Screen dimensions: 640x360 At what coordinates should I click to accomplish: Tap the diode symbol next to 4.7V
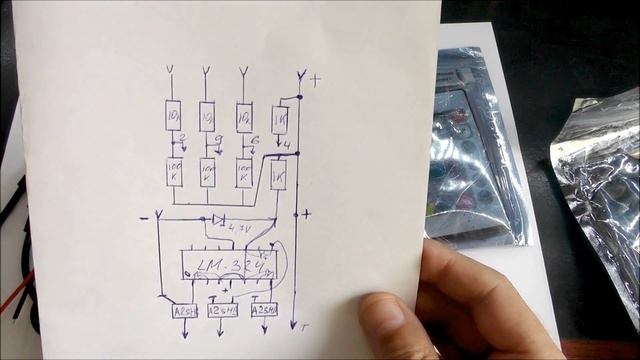coord(219,218)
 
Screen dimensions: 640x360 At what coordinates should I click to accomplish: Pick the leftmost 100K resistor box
coord(173,171)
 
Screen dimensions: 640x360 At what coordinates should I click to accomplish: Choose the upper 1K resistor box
coord(281,119)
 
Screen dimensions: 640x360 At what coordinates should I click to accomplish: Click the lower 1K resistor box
coord(278,176)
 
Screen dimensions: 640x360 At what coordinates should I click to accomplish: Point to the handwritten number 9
coord(217,140)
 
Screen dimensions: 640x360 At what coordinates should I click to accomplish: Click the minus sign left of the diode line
coord(144,217)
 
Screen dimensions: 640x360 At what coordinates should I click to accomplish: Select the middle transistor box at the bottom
coord(221,310)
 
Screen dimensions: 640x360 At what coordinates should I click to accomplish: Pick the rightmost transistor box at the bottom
coord(263,310)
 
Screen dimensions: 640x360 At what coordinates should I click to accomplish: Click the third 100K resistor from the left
coord(244,172)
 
